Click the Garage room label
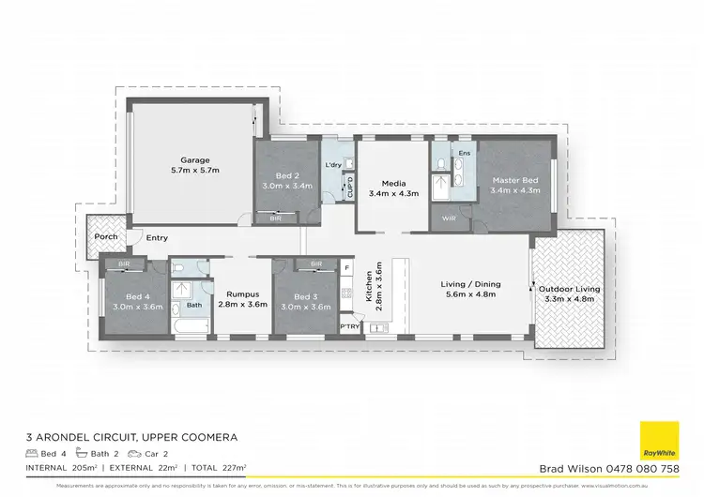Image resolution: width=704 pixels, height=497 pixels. coord(195,159)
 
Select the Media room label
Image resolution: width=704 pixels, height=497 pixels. coord(392,184)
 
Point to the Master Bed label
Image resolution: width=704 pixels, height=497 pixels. coord(514,179)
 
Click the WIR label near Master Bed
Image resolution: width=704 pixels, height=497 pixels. coord(449,218)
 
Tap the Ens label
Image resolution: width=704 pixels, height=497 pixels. coord(464,152)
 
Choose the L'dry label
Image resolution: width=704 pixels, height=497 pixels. coord(333,165)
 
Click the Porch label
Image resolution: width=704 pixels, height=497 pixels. coord(106,236)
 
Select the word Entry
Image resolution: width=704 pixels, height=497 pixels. coord(157,238)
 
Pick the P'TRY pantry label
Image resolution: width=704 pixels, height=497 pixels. coord(350,326)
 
